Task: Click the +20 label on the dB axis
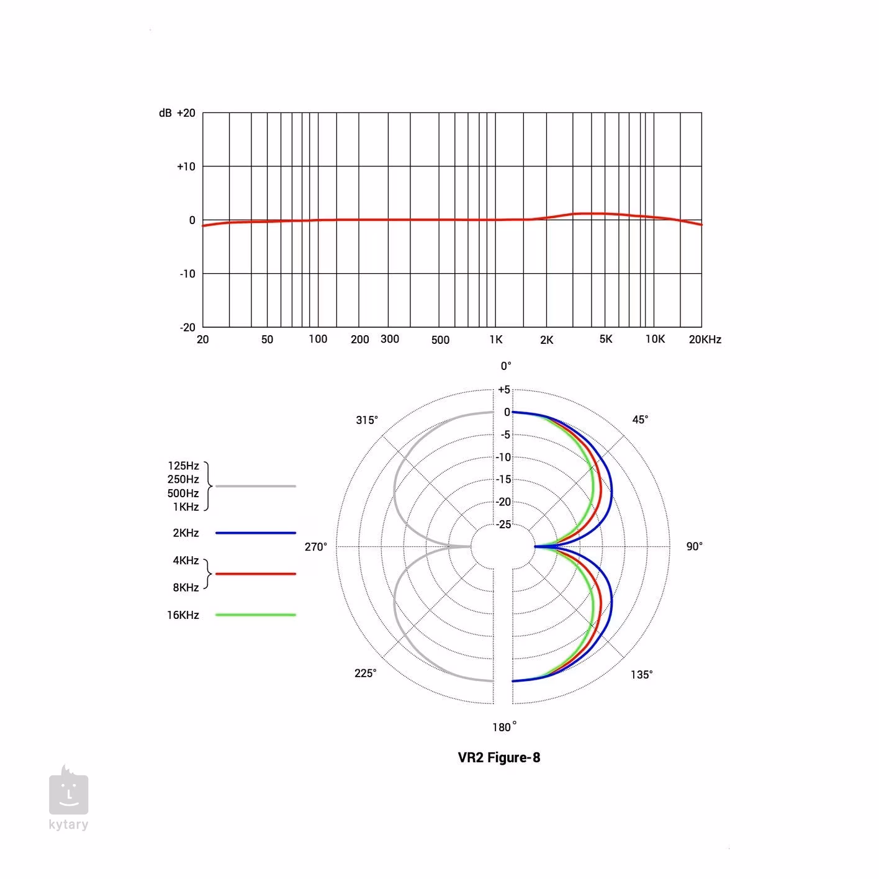pyautogui.click(x=186, y=113)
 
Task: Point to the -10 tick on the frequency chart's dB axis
pyautogui.click(x=187, y=274)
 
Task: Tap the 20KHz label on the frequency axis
pyautogui.click(x=705, y=340)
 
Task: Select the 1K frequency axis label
pyautogui.click(x=496, y=340)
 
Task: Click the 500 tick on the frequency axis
pyautogui.click(x=440, y=340)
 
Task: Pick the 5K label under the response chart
pyautogui.click(x=606, y=339)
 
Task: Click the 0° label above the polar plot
pyautogui.click(x=506, y=366)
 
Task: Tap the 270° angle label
pyautogui.click(x=315, y=546)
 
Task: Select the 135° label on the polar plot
pyautogui.click(x=641, y=675)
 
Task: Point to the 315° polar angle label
pyautogui.click(x=367, y=420)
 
